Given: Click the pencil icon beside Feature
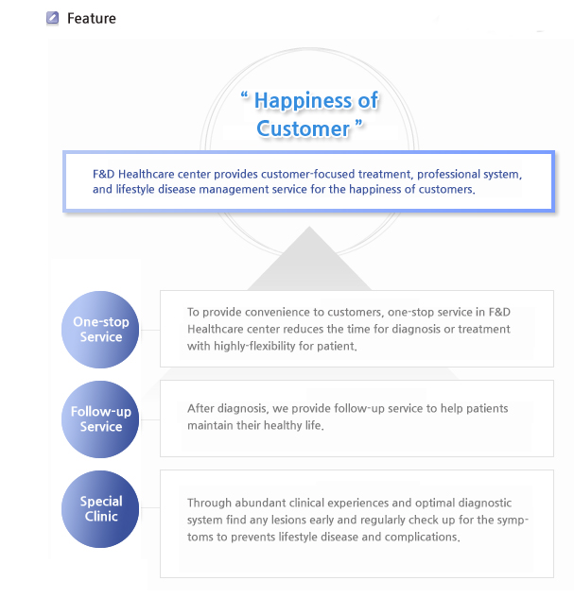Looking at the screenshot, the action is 52,18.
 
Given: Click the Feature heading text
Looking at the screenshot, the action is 92,18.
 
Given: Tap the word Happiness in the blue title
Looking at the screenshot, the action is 304,101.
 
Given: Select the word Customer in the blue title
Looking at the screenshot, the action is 303,128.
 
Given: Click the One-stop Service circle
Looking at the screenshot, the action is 100,330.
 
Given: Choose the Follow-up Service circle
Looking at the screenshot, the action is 100,419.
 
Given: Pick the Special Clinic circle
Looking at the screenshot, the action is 100,509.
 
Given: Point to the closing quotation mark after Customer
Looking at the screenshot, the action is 358,123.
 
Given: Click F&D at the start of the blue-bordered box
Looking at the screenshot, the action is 103,174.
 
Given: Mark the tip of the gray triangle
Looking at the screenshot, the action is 309,227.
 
